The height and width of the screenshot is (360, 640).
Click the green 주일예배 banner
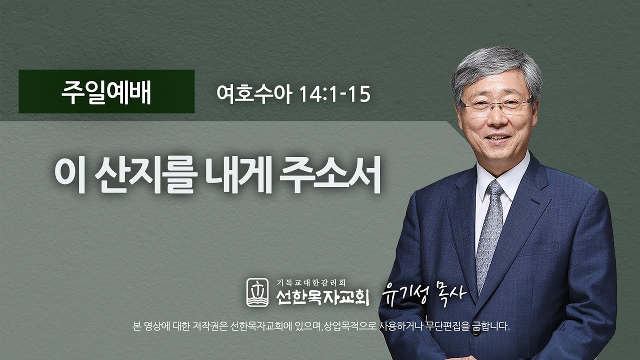106,91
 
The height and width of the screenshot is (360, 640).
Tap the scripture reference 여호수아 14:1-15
293,93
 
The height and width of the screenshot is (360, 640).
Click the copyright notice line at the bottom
319,327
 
